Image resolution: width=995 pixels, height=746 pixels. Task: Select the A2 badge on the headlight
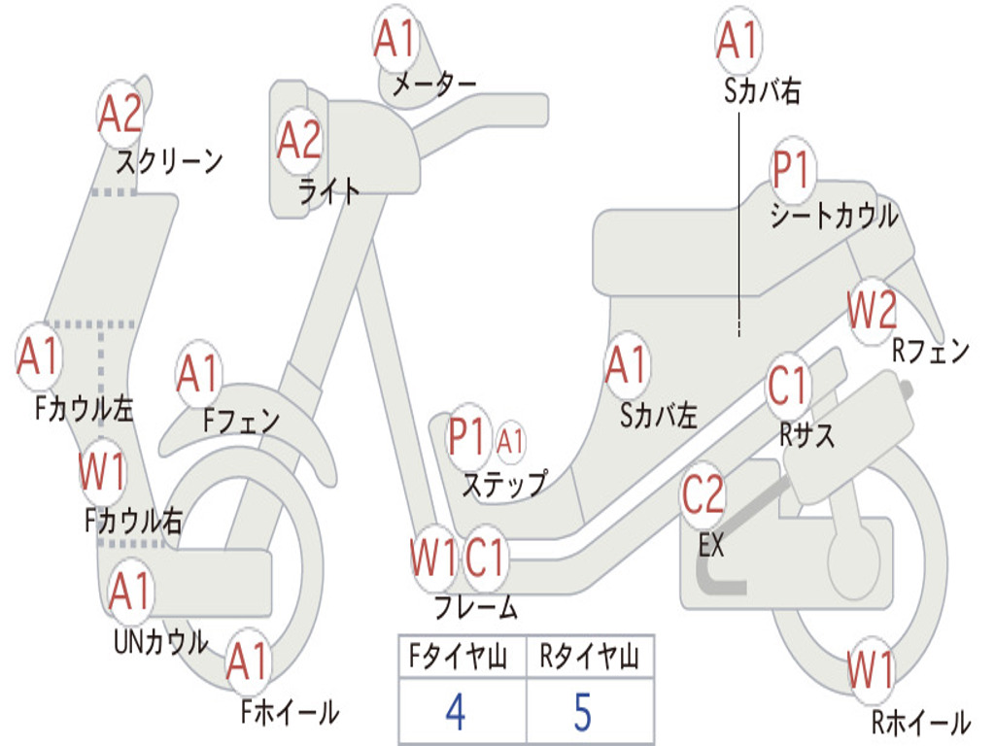[x=298, y=141]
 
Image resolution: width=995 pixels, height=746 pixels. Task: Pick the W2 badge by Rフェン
[x=871, y=312]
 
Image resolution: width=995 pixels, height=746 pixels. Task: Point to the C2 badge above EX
[x=703, y=496]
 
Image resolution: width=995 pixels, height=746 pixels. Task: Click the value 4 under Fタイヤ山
[x=455, y=711]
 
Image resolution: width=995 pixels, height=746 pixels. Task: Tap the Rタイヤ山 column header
[x=589, y=659]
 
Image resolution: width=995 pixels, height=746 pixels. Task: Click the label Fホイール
[x=290, y=712]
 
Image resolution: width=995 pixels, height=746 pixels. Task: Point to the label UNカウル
[x=160, y=642]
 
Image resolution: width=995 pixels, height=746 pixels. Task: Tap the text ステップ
[x=503, y=483]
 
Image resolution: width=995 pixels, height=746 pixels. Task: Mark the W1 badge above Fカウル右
[x=102, y=472]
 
